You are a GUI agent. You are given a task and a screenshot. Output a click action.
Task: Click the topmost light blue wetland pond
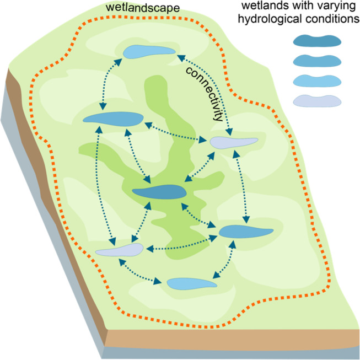coord(148,51)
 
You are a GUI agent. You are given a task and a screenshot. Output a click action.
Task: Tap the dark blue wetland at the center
coord(158,191)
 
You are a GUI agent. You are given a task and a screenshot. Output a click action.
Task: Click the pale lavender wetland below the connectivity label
coord(234,142)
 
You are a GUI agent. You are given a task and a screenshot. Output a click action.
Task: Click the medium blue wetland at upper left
coord(112,119)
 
